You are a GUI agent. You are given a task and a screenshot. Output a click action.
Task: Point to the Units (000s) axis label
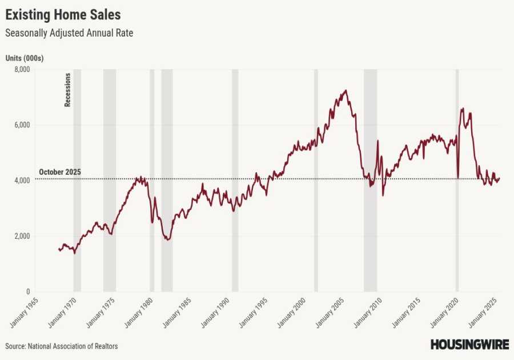point(25,58)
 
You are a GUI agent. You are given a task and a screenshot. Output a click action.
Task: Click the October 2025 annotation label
point(60,172)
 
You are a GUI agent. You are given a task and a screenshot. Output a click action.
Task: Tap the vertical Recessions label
point(67,90)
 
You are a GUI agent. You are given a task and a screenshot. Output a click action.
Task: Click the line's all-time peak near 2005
point(345,90)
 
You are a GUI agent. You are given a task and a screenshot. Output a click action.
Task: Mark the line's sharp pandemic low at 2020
point(458,178)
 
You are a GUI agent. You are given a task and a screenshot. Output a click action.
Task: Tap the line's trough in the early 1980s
point(167,239)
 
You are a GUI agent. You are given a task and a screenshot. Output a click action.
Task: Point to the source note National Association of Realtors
point(62,346)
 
